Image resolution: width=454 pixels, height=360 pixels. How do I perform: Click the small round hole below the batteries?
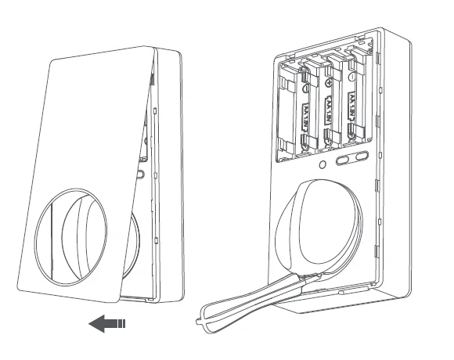tap(322, 166)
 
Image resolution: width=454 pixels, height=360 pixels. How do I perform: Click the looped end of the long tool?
tap(205, 322)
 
